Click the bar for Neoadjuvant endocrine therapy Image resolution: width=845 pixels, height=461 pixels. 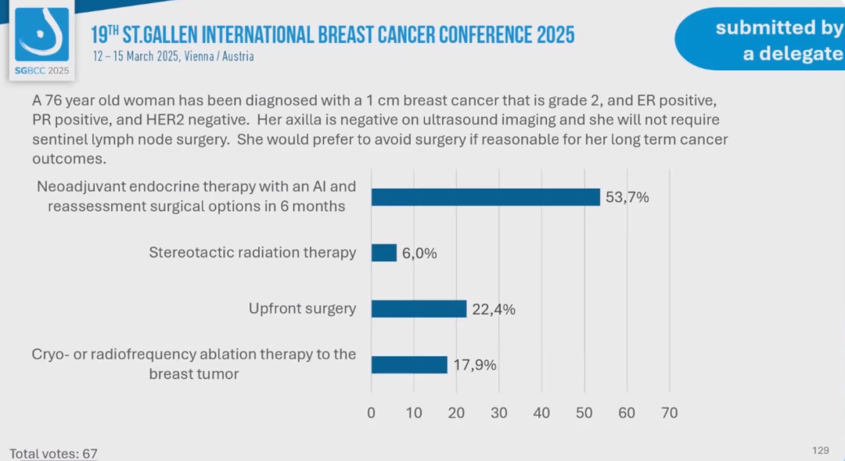click(485, 197)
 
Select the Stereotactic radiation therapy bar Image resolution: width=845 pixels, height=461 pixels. click(384, 253)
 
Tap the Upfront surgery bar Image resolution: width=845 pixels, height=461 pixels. click(419, 308)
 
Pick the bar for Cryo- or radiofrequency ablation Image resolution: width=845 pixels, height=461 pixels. click(409, 365)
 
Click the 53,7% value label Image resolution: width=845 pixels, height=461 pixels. click(627, 197)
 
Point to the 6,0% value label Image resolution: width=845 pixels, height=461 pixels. click(419, 254)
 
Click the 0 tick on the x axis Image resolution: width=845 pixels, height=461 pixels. click(372, 412)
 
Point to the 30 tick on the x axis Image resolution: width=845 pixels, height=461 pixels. click(499, 412)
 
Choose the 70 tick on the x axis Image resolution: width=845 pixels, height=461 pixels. click(669, 412)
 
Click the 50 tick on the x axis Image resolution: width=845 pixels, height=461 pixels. click(584, 412)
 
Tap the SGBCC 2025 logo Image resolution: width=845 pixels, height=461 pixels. click(41, 39)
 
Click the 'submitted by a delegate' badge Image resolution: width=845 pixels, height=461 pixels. click(763, 41)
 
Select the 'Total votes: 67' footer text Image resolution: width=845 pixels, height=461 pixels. click(53, 453)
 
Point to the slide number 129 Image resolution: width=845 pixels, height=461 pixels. click(820, 450)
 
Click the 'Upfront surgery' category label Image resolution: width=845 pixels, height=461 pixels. click(302, 308)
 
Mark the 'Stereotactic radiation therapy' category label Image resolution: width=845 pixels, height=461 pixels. click(253, 253)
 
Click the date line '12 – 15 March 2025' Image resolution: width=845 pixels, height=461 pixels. click(173, 56)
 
